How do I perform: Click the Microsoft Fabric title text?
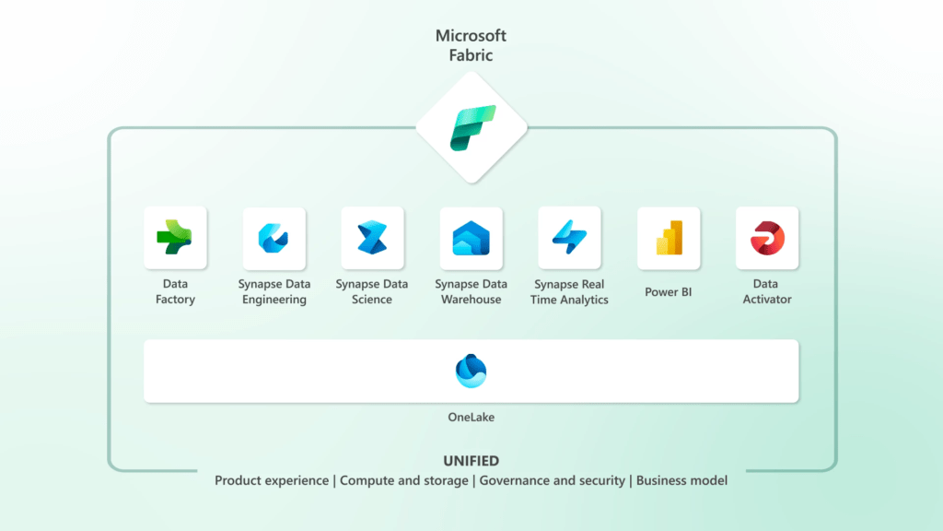coord(471,44)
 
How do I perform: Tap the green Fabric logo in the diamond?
coord(471,127)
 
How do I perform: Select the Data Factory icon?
coord(175,237)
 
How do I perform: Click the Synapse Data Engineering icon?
coord(274,238)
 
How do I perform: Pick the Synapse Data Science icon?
coord(372,238)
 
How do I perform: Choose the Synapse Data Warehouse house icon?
coord(471,238)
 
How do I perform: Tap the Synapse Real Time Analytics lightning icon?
coord(569,238)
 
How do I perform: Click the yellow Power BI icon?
coord(669,238)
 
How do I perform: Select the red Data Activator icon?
coord(767,238)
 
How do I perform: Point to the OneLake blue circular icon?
coord(471,371)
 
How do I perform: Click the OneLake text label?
coord(471,418)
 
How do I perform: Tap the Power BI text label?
coord(669,292)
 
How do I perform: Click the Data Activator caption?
coord(767,291)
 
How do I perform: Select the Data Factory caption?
coord(175,291)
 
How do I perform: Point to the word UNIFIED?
coord(471,461)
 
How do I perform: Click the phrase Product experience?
coord(272,480)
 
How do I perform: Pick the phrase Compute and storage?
coord(403,480)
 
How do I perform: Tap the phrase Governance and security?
coord(553,480)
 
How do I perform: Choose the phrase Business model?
coord(681,480)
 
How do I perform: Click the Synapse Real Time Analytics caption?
coord(569,291)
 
